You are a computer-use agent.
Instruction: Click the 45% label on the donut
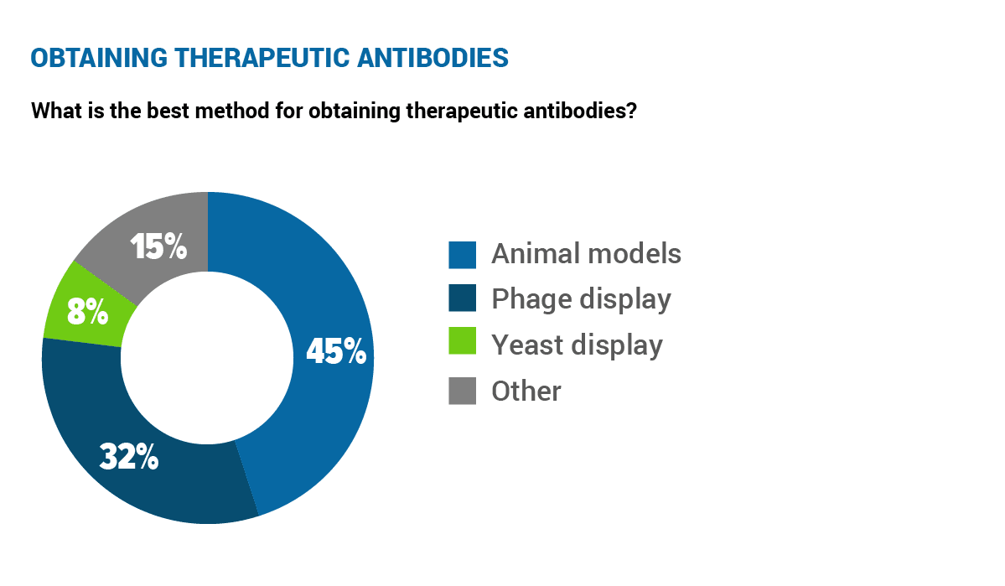[336, 351]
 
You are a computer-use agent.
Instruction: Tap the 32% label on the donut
[129, 457]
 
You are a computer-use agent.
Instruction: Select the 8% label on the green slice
[88, 312]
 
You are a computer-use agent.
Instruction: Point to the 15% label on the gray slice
[158, 246]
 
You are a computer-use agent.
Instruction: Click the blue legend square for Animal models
[462, 255]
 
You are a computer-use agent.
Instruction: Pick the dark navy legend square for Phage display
[462, 298]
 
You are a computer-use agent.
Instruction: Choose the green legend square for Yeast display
[462, 341]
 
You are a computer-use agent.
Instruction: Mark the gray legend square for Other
[462, 392]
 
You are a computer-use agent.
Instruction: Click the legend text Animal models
[587, 254]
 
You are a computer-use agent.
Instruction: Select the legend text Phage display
[582, 299]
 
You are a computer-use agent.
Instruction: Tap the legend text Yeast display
[577, 345]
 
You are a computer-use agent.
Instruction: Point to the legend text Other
[526, 392]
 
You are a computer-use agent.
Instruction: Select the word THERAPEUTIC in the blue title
[262, 58]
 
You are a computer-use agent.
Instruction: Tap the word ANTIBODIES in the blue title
[433, 58]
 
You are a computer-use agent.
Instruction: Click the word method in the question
[232, 111]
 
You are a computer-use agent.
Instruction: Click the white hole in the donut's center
[208, 358]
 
